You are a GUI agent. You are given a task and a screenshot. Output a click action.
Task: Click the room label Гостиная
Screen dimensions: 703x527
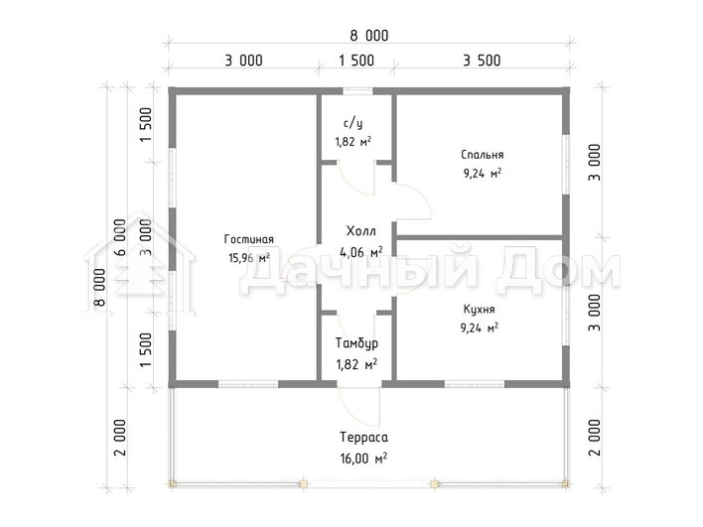(249, 239)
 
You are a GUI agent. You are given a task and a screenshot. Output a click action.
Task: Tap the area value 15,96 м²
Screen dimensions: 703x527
(249, 258)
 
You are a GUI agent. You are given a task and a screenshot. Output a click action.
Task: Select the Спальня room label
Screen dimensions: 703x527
(482, 155)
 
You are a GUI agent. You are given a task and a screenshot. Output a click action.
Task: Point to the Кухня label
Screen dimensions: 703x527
(479, 310)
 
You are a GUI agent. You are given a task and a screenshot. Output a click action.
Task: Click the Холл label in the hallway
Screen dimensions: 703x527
(360, 231)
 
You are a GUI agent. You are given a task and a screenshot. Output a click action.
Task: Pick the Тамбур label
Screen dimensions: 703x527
(356, 343)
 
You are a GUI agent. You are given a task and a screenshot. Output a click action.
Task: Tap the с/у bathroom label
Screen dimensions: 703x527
(352, 123)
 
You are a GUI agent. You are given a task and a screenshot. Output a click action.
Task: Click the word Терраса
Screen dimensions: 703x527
(363, 437)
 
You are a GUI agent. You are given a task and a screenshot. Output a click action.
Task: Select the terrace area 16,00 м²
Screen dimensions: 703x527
(363, 459)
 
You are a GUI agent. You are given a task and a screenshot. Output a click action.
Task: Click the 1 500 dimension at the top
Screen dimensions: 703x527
(356, 61)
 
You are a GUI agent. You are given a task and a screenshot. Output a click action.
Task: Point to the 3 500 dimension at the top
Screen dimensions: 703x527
(482, 61)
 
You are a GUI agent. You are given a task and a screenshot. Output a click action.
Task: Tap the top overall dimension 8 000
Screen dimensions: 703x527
(369, 36)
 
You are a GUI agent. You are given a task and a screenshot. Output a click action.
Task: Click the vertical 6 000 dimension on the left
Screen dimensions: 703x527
(120, 237)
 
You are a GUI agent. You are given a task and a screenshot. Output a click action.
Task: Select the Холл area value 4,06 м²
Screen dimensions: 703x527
(360, 252)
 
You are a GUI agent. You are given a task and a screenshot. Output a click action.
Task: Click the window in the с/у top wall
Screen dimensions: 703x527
(357, 91)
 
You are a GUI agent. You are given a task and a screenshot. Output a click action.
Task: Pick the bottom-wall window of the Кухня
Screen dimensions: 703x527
(475, 384)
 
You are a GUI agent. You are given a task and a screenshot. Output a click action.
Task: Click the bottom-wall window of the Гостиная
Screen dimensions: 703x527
(248, 384)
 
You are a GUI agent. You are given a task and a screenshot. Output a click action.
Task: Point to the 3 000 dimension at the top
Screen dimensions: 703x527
(243, 61)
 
